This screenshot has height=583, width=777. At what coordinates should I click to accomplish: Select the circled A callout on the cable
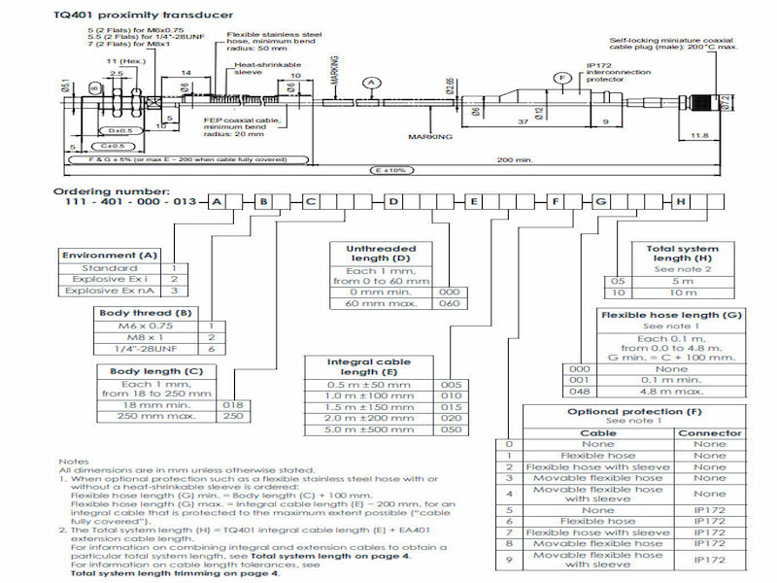point(370,84)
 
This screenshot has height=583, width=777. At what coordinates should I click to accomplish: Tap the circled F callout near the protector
point(560,77)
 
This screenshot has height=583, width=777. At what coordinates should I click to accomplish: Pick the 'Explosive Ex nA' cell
point(110,290)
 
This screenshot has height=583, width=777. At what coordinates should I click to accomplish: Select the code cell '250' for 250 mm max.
point(233,416)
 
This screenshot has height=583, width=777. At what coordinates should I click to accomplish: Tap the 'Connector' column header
point(709,433)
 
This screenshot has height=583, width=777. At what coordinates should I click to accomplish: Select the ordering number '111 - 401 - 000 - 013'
point(123,201)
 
